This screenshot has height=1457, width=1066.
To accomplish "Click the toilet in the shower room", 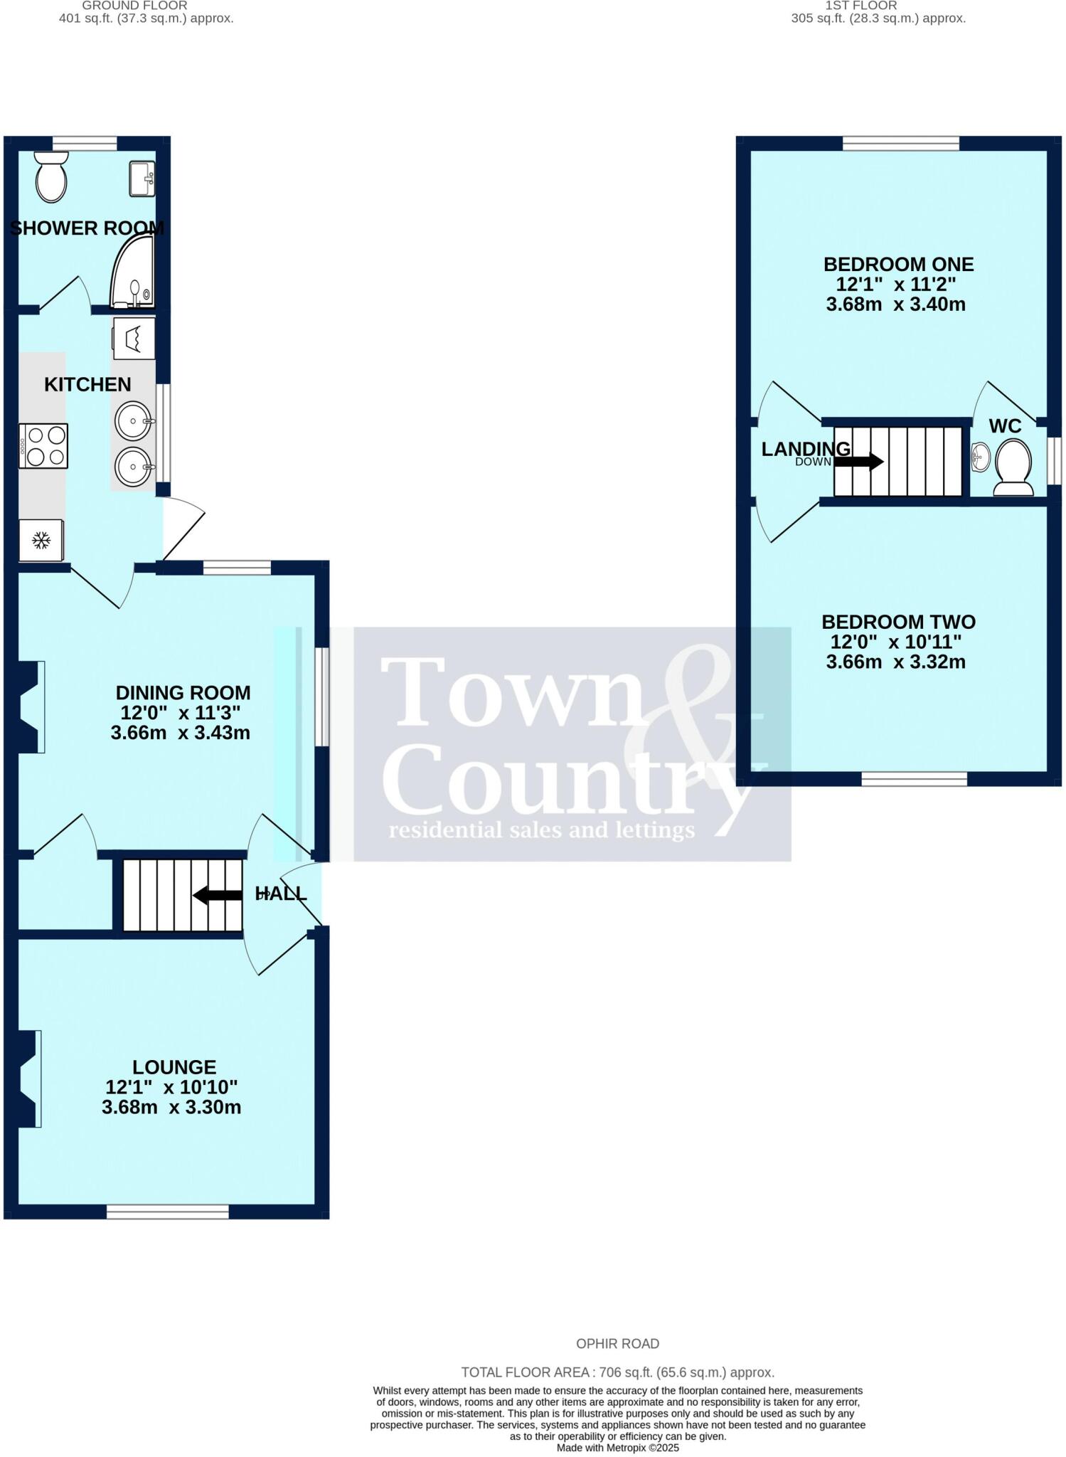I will click(x=51, y=178).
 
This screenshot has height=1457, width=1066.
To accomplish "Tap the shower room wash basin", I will click(x=142, y=179).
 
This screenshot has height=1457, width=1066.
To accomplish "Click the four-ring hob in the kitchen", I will click(x=43, y=446).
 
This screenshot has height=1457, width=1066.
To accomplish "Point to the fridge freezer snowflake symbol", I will click(x=41, y=541).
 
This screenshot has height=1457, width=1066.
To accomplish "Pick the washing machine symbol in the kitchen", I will click(x=134, y=338).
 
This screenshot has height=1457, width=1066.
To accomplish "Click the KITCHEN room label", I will click(x=87, y=385).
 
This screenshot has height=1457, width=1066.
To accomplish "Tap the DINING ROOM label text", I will click(x=183, y=692).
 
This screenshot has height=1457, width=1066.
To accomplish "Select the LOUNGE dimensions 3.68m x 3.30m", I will click(x=171, y=1107).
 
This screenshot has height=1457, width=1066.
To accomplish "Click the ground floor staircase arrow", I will click(x=218, y=895).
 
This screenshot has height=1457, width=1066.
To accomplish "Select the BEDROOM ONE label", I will click(x=898, y=265).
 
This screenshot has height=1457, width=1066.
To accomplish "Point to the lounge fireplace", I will click(x=28, y=1079).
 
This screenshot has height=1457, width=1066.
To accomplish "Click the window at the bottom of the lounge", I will click(x=168, y=1212).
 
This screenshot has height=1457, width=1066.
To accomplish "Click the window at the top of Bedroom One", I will click(x=900, y=143).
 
